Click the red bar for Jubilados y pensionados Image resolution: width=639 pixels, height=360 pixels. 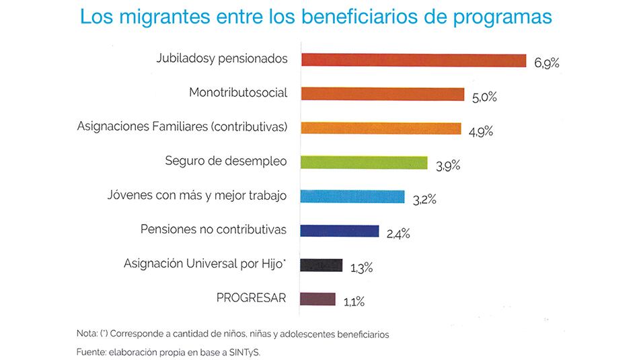(x=414, y=60)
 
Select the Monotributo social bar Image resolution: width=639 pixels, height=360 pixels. (x=383, y=94)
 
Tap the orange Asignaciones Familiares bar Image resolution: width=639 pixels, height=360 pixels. (x=381, y=128)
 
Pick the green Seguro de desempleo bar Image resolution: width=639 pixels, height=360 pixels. (x=364, y=162)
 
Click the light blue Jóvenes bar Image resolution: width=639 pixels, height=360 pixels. (x=352, y=196)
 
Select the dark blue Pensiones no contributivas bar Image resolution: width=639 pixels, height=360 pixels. (x=340, y=231)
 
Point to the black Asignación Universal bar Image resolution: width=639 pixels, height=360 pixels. (x=322, y=265)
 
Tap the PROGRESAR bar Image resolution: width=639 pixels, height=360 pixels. (x=318, y=299)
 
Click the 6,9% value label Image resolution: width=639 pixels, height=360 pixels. (x=547, y=63)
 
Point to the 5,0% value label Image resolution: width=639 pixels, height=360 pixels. (x=484, y=98)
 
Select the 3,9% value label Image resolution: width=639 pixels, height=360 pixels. (x=448, y=166)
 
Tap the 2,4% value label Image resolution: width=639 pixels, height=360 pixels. (x=398, y=234)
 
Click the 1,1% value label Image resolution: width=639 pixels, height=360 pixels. (x=354, y=303)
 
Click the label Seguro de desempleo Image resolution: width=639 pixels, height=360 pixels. (x=226, y=161)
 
